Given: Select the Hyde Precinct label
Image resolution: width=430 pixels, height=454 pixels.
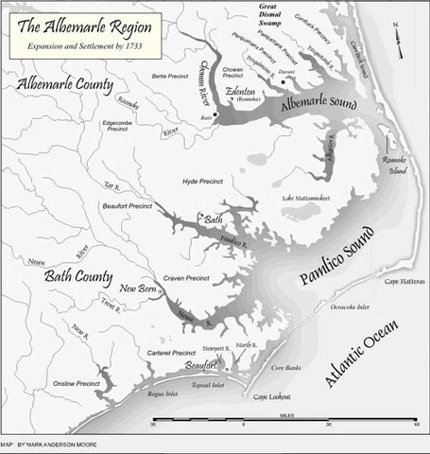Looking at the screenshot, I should [x=204, y=180].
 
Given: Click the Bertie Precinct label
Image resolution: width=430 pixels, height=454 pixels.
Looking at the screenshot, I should [x=146, y=75].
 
